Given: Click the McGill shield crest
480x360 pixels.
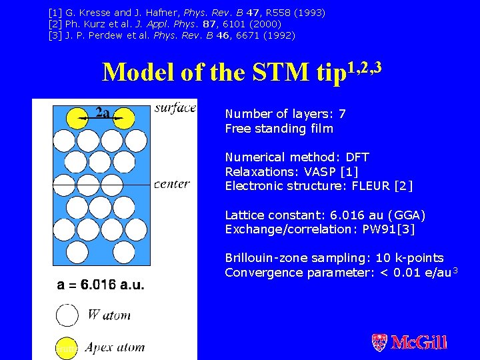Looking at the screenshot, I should coord(379,343).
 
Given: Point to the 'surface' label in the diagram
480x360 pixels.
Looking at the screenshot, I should coord(175,108).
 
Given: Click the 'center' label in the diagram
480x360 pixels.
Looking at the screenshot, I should coord(171,184).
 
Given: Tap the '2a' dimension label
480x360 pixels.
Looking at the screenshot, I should coord(102,113).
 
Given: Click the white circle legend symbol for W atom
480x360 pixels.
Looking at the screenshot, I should coord(67,315).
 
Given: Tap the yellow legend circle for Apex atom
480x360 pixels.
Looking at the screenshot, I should coord(67,347).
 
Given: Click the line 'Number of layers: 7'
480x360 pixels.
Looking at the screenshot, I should coord(285,114).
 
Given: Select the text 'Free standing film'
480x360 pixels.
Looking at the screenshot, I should coord(279,129).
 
